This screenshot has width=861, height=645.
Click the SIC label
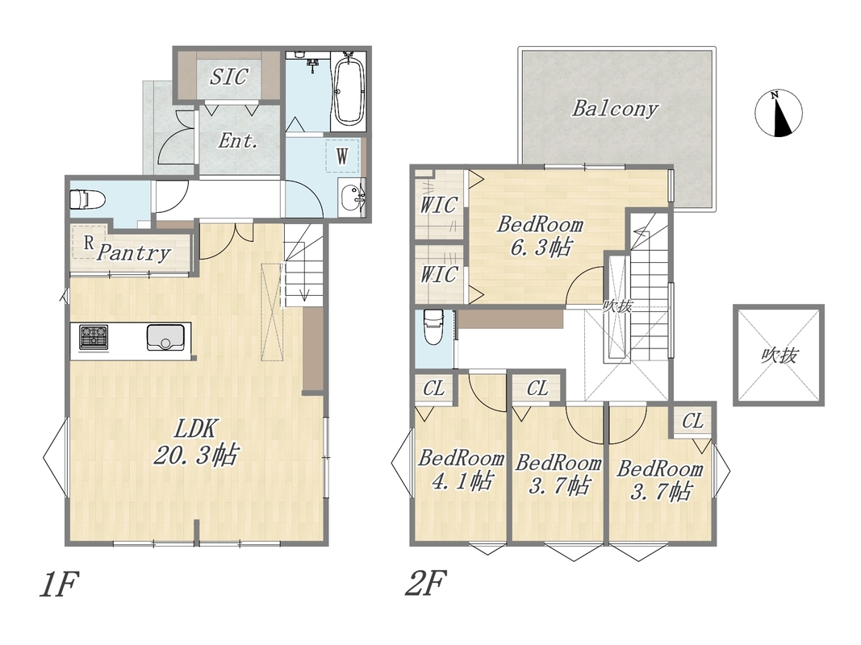pyautogui.click(x=228, y=77)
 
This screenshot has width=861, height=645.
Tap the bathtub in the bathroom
pyautogui.click(x=349, y=92)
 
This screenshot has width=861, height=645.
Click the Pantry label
pyautogui.click(x=133, y=253)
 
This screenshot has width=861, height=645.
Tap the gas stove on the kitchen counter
pyautogui.click(x=94, y=337)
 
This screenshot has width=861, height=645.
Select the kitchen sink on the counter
pyautogui.click(x=166, y=337)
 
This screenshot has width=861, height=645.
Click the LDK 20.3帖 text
pyautogui.click(x=195, y=441)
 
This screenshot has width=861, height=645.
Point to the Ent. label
pyautogui.click(x=238, y=141)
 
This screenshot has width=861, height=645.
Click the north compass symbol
pyautogui.click(x=778, y=113)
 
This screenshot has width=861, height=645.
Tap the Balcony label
pyautogui.click(x=615, y=108)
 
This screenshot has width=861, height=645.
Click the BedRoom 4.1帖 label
pyautogui.click(x=461, y=469)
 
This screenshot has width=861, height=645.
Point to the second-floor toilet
pyautogui.click(x=433, y=327)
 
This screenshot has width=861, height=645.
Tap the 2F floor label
pyautogui.click(x=424, y=584)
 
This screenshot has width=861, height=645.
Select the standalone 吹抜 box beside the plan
pyautogui.click(x=779, y=356)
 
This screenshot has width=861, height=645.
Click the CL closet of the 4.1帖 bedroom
pyautogui.click(x=433, y=389)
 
